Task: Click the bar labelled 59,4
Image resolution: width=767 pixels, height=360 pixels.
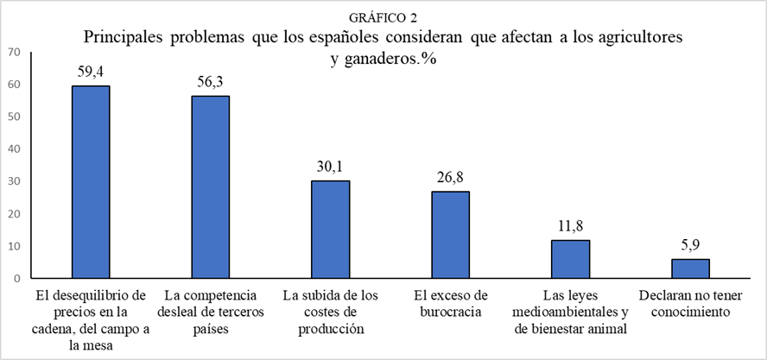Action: [x=90, y=182]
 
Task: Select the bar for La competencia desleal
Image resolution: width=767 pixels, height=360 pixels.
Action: [x=210, y=187]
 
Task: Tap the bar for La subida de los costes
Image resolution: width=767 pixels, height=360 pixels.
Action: [x=330, y=230]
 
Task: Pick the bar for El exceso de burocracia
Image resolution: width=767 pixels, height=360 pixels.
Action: [x=450, y=235]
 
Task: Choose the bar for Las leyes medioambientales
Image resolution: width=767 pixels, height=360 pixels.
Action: [x=570, y=259]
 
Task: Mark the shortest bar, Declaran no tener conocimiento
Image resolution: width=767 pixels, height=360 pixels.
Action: [x=690, y=268]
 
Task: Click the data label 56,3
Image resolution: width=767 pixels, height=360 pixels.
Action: [x=210, y=81]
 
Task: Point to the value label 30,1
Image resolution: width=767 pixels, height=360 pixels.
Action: [x=330, y=166]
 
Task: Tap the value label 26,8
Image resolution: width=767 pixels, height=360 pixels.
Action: [x=450, y=177]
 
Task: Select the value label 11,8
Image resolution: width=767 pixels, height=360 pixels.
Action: [x=570, y=225]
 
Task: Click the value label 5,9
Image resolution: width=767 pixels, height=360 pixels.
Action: [x=690, y=244]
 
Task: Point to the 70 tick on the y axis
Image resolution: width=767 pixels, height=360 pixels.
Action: [x=13, y=52]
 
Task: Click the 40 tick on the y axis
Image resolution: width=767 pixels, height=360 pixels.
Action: [x=13, y=149]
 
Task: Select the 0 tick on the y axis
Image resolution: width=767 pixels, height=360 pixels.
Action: [x=16, y=279]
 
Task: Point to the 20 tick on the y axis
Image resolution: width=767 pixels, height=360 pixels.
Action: [x=13, y=214]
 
